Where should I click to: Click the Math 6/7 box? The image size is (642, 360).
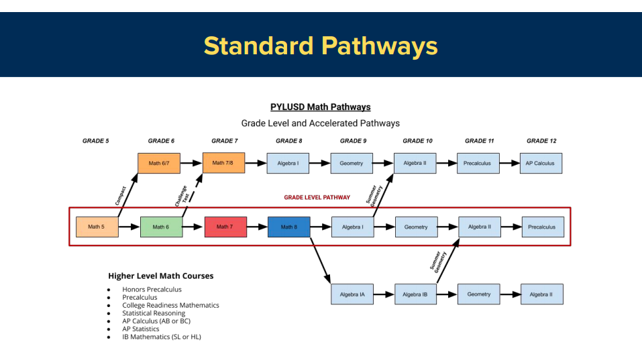(x=160, y=164)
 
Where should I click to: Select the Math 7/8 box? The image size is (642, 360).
(x=223, y=163)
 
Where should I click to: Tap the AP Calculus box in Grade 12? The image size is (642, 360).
(x=541, y=164)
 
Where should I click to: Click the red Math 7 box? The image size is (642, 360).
(x=225, y=227)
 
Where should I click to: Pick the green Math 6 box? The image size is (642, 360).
(x=161, y=227)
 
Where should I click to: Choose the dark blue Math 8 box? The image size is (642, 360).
(x=288, y=227)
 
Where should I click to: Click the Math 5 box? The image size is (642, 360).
(x=97, y=227)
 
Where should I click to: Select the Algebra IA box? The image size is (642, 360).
(x=352, y=294)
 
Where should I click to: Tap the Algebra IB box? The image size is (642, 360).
(x=415, y=294)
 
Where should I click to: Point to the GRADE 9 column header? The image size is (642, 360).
(x=353, y=141)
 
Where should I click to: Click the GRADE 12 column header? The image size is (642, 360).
(x=541, y=141)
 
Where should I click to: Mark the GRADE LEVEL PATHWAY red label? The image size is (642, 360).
(x=317, y=198)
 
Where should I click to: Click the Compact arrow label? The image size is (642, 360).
(x=120, y=195)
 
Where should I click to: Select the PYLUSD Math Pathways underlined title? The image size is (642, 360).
(x=320, y=107)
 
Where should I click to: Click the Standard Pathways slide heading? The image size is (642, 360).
(x=321, y=46)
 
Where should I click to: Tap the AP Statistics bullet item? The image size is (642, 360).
(x=140, y=329)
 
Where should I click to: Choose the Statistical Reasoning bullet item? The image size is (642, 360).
(x=154, y=313)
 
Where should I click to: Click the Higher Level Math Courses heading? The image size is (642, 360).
(x=160, y=276)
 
